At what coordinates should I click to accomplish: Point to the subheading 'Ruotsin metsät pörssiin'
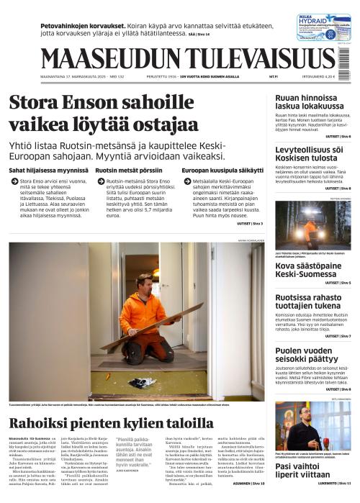[123, 170]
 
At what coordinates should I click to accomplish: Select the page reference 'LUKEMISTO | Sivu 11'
[331, 493]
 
